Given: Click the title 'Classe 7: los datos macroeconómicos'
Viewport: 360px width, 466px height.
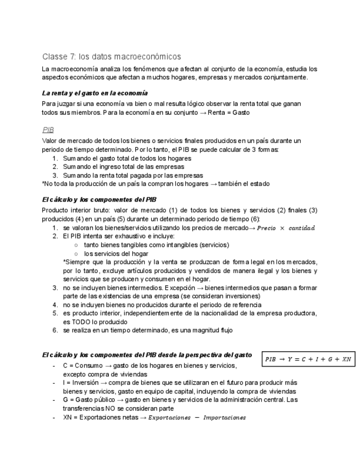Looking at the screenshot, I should click(112, 57).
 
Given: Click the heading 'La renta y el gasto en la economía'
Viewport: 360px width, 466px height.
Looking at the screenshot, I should click(95, 93).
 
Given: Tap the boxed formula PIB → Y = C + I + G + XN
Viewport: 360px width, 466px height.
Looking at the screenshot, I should click(308, 359).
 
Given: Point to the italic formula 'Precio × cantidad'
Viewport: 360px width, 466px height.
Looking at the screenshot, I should click(287, 228).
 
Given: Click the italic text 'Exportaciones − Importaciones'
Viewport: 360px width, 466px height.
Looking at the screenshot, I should click(199, 418).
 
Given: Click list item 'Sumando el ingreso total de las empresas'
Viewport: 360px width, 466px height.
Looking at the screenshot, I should click(123, 167).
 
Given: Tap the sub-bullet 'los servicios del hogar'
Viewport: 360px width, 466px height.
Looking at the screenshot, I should click(116, 253).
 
